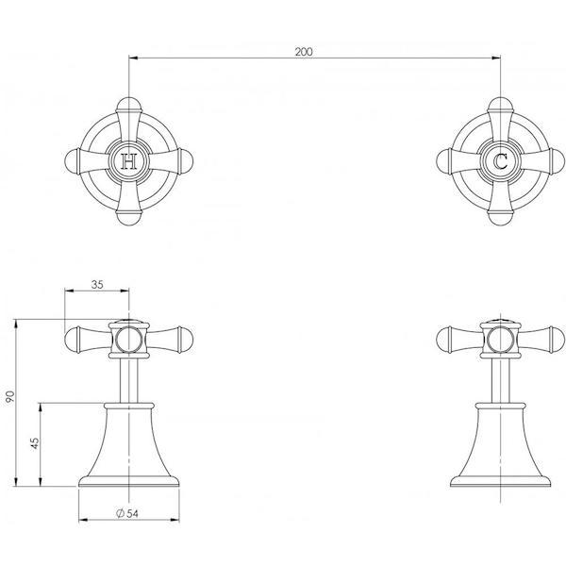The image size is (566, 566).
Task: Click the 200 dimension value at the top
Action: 304,51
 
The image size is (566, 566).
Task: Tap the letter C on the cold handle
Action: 500,162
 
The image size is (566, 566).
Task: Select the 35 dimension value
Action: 98,282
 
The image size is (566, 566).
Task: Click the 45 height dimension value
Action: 34,443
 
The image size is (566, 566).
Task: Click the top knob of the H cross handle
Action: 128,105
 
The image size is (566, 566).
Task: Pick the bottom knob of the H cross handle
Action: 128,220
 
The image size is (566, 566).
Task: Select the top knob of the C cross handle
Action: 500,105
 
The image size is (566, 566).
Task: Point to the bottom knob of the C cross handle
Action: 500,220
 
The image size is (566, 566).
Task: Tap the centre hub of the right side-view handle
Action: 500,338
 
